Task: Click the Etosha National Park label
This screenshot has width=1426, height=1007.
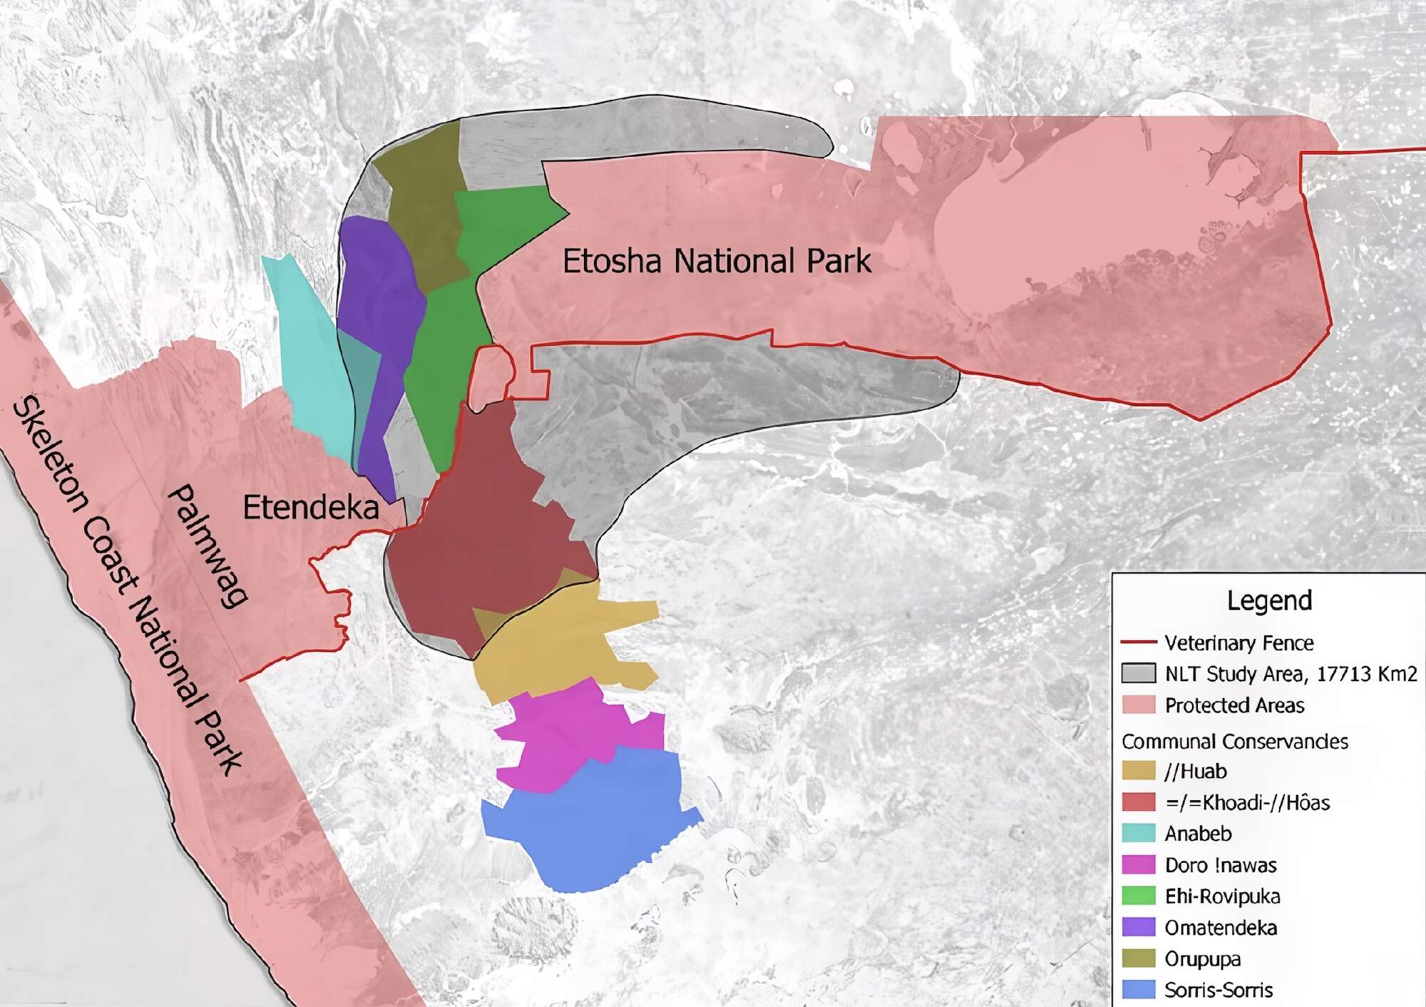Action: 716,261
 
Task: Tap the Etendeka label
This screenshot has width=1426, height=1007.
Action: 310,508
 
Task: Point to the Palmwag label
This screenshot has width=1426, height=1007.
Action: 207,546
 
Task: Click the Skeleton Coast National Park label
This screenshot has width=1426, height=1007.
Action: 128,585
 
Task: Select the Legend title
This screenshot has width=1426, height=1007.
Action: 1269,600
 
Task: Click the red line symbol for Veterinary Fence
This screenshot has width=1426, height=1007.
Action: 1139,643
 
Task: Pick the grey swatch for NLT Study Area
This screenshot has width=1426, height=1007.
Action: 1139,673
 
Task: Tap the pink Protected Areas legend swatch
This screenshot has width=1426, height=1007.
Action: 1139,705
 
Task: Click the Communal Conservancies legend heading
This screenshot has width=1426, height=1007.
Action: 1235,742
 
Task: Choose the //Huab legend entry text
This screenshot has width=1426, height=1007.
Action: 1196,772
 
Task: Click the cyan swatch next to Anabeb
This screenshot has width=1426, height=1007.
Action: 1139,833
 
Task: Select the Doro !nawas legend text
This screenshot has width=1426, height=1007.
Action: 1221,865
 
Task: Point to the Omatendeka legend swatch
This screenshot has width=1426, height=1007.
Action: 1139,927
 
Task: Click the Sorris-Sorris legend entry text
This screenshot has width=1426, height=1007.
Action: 1219,990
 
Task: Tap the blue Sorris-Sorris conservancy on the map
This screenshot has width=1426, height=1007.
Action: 592,820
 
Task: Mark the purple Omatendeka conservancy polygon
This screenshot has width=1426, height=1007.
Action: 378,300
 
